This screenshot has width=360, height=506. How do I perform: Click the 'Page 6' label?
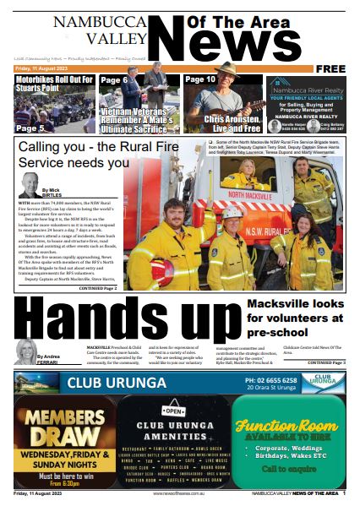113,80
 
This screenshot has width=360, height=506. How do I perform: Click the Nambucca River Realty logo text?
311,84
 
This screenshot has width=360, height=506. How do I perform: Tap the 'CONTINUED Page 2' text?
98,288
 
